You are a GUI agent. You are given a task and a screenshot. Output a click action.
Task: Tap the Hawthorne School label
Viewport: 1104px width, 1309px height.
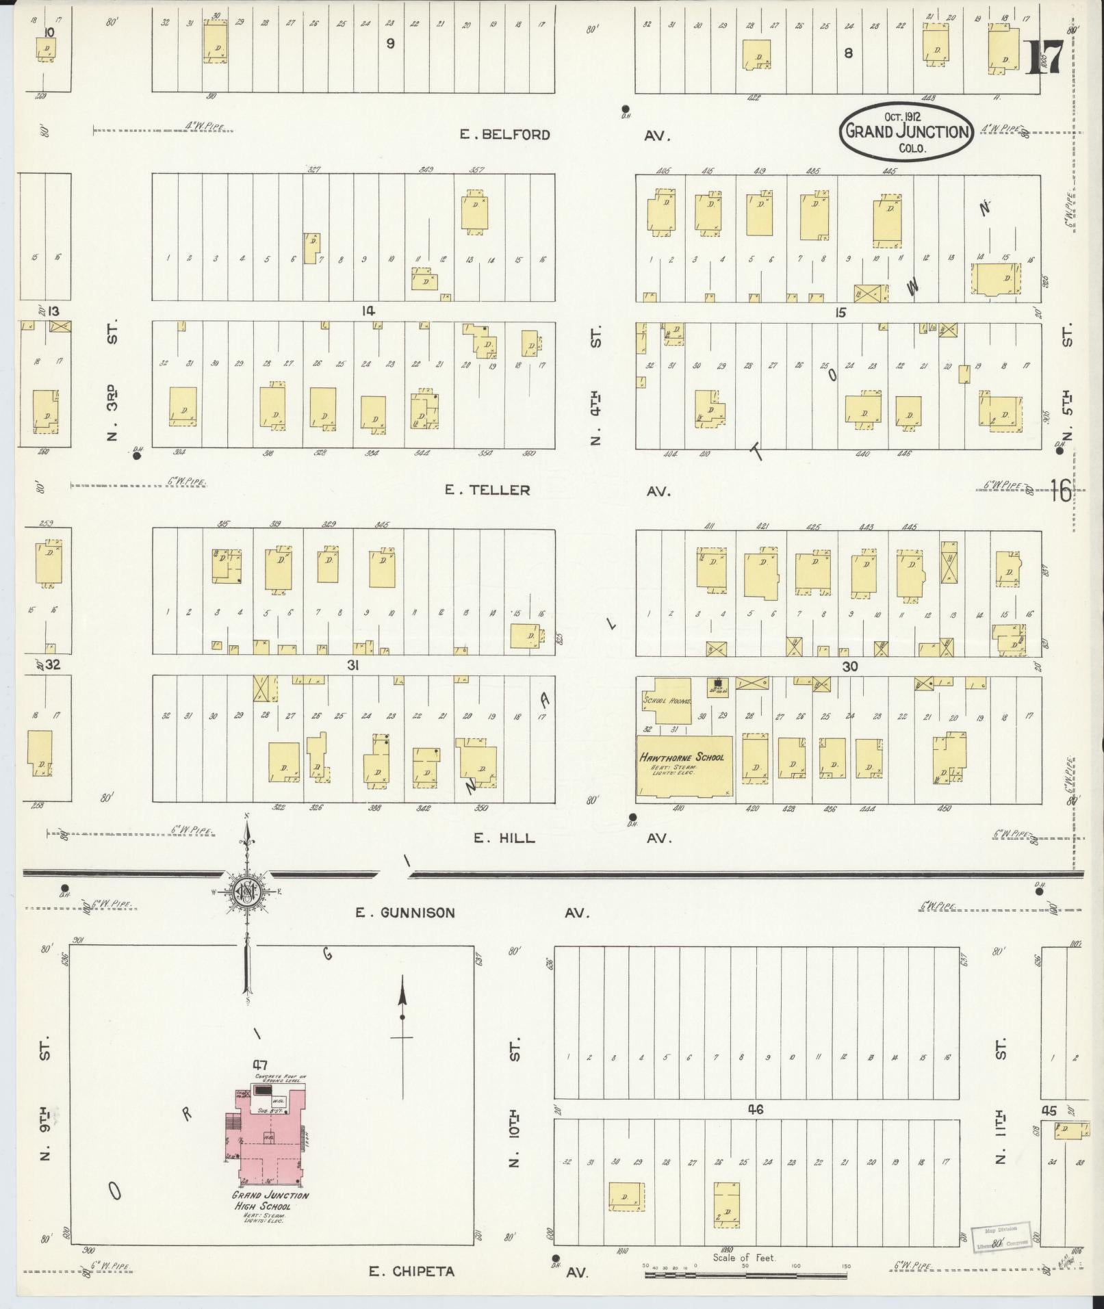coord(681,757)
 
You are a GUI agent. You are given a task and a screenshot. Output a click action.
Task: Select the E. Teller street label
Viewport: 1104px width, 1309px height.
coord(487,490)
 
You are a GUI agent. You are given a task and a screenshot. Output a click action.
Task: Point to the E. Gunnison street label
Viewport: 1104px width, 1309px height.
coord(405,912)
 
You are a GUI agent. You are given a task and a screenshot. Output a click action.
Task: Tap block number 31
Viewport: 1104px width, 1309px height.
coord(353,665)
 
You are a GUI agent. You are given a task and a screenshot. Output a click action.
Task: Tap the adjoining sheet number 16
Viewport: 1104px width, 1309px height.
coord(1061,491)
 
